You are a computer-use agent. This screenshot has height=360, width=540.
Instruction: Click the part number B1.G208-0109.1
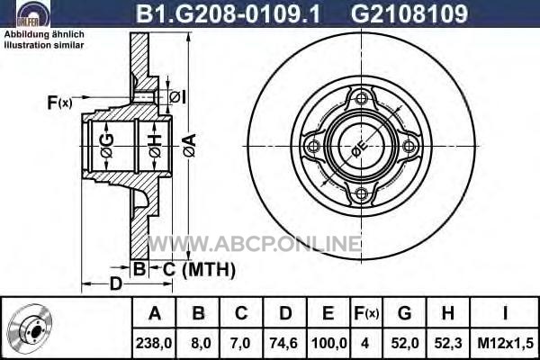click(x=228, y=13)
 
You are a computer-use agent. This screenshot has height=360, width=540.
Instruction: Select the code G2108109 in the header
click(x=409, y=13)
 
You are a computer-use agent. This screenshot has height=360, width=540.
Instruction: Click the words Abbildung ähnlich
click(x=44, y=34)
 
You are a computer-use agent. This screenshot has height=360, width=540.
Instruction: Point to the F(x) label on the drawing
click(x=59, y=103)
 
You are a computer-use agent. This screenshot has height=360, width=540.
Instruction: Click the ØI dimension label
click(x=177, y=97)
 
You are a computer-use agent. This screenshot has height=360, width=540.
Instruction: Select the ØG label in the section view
click(x=107, y=146)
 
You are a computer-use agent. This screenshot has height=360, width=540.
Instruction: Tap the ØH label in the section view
click(x=155, y=146)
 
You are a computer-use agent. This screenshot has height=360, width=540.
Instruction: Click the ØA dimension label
click(x=190, y=146)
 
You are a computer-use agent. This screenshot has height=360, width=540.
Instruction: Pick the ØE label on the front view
click(x=359, y=148)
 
